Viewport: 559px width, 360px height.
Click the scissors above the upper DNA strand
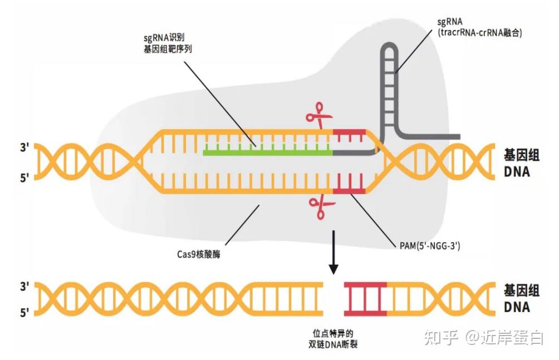(x=318, y=115)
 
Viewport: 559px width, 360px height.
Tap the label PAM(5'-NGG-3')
(x=430, y=245)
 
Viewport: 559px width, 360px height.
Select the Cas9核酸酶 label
(x=199, y=254)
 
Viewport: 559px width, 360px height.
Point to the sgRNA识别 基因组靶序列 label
(x=168, y=43)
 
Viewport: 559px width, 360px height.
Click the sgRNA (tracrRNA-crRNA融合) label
(x=479, y=27)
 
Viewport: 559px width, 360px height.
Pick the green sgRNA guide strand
(x=268, y=152)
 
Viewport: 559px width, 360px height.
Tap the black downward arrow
(x=334, y=253)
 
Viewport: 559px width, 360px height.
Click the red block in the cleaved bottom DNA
(x=365, y=299)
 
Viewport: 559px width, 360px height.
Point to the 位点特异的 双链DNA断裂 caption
(x=333, y=339)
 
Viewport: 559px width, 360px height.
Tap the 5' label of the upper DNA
(x=24, y=177)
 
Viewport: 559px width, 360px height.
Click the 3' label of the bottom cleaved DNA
(x=24, y=286)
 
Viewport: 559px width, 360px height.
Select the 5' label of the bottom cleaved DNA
(x=24, y=313)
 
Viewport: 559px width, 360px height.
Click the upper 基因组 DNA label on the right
(x=521, y=164)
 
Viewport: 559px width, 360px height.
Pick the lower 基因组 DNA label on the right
(x=521, y=299)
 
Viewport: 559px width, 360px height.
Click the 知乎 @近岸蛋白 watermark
(x=484, y=338)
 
